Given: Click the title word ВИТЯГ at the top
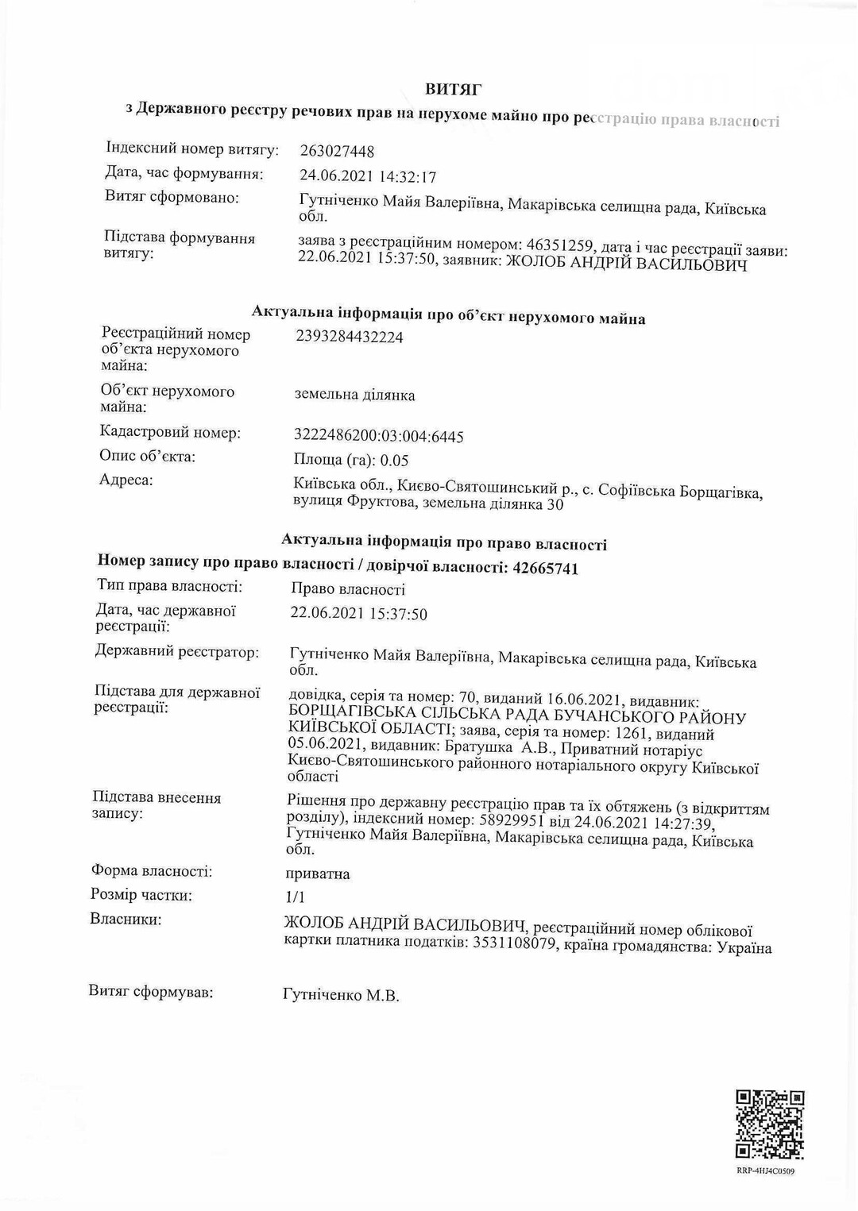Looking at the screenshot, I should click(x=453, y=89).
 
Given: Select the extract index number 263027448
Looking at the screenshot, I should click(x=337, y=151).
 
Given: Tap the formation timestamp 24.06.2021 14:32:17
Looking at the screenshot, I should click(x=368, y=176).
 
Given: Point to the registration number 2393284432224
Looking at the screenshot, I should click(x=349, y=337).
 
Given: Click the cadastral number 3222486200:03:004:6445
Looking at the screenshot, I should click(x=379, y=436).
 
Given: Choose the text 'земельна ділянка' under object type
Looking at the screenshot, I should click(x=354, y=395).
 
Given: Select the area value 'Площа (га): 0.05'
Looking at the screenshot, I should click(x=351, y=461).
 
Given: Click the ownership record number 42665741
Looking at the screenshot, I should click(x=546, y=568).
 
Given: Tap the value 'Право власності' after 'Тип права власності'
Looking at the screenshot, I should click(x=348, y=589).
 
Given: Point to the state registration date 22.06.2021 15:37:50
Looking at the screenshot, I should click(x=358, y=614).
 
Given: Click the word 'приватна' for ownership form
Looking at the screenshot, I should click(x=318, y=874).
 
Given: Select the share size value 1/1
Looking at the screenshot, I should click(x=295, y=897).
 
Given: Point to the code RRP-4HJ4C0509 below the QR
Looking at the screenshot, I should click(x=766, y=1171).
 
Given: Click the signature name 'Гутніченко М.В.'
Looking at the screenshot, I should click(x=341, y=995).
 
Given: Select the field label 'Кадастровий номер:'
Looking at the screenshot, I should click(x=170, y=433).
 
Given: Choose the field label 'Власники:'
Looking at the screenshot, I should click(x=126, y=920).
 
